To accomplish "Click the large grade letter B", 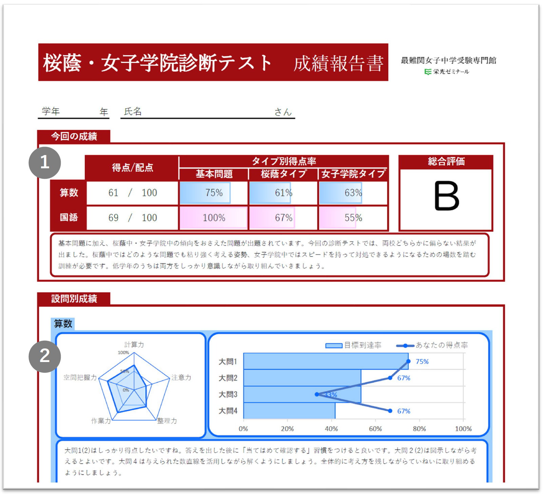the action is pos(447,196).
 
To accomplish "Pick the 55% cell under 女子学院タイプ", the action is pos(353,217).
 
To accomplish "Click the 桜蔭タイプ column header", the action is pos(284,174).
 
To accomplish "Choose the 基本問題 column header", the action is pos(214,174).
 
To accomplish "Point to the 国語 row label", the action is pos(69,217).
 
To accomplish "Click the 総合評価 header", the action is pos(446,161).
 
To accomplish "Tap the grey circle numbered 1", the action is pos(45,163).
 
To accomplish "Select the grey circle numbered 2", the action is pos(45,356).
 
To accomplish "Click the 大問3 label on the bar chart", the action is pos(228,394).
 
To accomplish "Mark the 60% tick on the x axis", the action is pos(375,429).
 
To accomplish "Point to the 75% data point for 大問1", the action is pos(408,361).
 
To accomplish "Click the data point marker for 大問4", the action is pos(390,411).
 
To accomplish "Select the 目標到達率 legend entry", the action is pos(353,345).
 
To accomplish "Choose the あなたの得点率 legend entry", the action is pos(432,345).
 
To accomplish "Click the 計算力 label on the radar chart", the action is pos(134,345).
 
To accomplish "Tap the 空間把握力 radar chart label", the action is pos(80,377).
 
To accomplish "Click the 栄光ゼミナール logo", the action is pos(447,72).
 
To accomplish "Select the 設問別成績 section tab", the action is pos(74,299).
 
